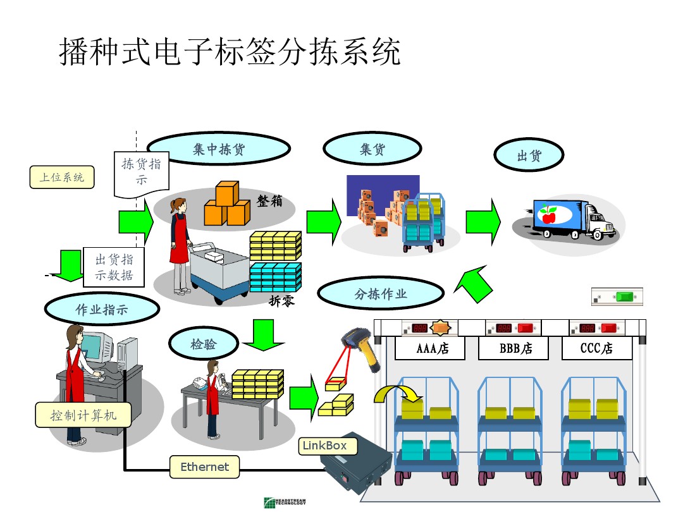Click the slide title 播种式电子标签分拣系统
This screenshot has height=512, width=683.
[230, 52]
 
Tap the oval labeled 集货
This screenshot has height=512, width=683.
[372, 150]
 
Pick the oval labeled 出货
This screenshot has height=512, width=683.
[529, 155]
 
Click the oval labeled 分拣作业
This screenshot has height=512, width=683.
[380, 294]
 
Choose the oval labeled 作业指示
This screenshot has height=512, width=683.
[101, 310]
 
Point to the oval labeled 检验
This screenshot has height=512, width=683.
[203, 344]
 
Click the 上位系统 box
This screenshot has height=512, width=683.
[61, 177]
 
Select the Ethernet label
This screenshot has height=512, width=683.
[204, 467]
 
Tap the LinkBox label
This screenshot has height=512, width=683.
[324, 446]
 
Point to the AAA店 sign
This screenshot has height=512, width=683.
[432, 348]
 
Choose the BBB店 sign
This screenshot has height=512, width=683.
[515, 348]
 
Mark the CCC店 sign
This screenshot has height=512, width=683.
[596, 348]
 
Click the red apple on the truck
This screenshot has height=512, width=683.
[548, 216]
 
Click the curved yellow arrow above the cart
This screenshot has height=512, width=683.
[393, 393]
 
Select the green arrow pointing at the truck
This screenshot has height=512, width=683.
[483, 221]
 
